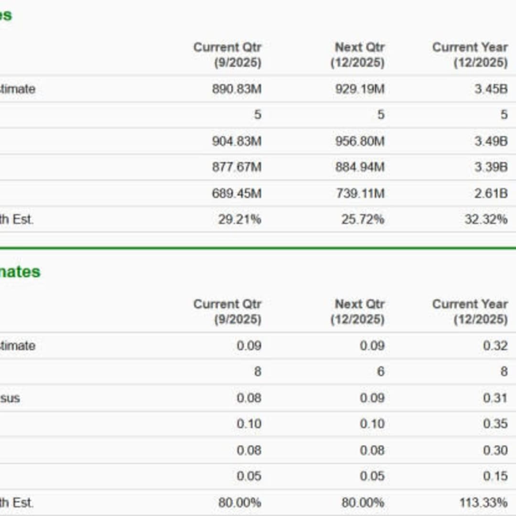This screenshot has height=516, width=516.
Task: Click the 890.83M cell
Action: tap(236, 89)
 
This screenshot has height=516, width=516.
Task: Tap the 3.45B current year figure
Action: tap(491, 89)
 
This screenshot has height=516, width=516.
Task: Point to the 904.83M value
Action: tap(236, 141)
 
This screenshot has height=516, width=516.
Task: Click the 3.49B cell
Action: tap(491, 141)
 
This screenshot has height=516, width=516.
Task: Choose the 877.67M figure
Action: tap(236, 167)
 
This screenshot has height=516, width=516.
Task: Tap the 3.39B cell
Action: tap(491, 167)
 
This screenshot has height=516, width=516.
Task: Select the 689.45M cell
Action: tap(236, 193)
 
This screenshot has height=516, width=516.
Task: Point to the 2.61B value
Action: tap(491, 193)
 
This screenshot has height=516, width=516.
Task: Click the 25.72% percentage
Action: tap(363, 220)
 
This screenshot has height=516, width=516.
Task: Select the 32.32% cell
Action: tap(486, 220)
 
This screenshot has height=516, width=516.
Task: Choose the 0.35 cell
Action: tap(495, 424)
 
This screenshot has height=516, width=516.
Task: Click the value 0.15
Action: tap(495, 476)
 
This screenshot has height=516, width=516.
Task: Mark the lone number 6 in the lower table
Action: tap(380, 372)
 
